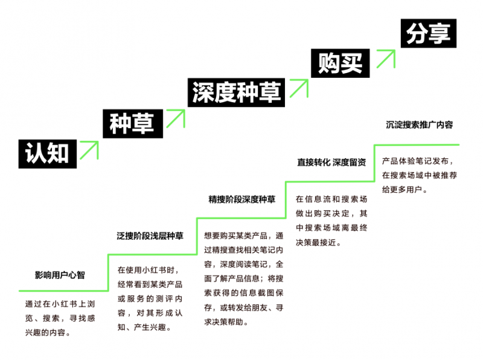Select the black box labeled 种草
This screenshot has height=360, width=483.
coord(132,123)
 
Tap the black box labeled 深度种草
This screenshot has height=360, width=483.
coord(236,92)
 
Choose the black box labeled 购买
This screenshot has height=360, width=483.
coord(340,63)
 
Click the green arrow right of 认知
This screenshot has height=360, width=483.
coord(89,149)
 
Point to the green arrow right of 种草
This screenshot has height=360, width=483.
coord(174,118)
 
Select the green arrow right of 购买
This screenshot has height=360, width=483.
coord(385,59)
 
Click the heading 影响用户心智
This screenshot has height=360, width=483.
coord(60,275)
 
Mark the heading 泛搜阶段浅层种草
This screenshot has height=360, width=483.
coord(150,236)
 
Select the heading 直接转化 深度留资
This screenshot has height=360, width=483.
coord(331,162)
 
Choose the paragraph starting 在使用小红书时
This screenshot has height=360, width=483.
coord(150,298)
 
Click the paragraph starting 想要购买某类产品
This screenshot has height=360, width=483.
coord(243,278)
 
